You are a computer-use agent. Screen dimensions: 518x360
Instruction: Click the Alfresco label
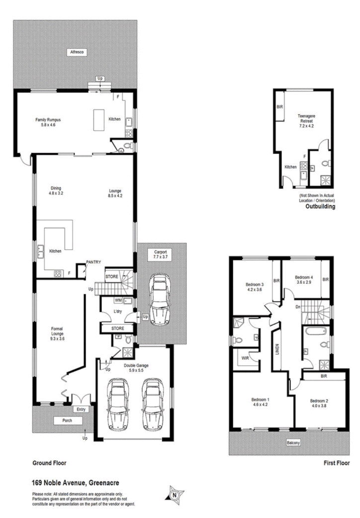[75, 52]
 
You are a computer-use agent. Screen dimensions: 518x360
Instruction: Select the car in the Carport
[160, 298]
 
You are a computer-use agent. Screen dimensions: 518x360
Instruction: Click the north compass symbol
[175, 495]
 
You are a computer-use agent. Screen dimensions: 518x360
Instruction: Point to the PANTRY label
[94, 261]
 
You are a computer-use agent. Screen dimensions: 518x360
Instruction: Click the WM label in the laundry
[118, 300]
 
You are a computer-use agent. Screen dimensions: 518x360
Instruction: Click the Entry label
[81, 409]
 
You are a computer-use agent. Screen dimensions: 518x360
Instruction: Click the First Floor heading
[336, 463]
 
